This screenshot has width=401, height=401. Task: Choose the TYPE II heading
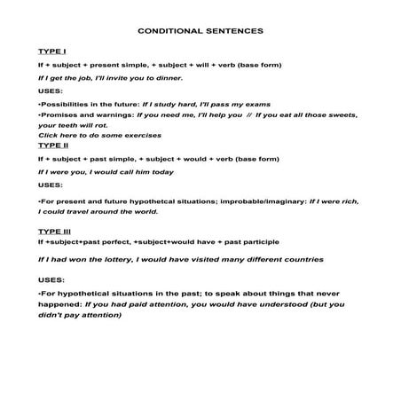tap(52, 145)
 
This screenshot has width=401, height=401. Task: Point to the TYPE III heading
tap(54, 231)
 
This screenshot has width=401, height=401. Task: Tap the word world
tap(144, 212)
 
